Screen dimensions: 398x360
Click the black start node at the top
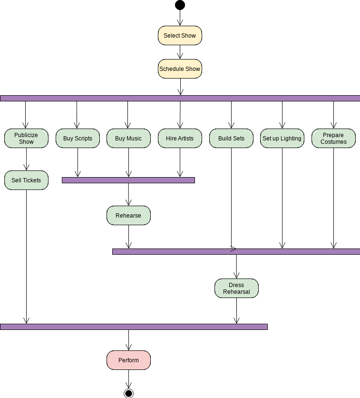tap(180, 5)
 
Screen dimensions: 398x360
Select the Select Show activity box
tap(180, 36)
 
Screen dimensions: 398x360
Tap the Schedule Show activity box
tap(180, 69)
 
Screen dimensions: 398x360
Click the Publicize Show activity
tap(26, 139)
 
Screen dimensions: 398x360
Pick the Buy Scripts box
tap(78, 139)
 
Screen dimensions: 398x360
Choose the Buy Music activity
tap(128, 139)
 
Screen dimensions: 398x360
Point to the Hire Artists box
tap(180, 139)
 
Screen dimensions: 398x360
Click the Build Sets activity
tap(231, 139)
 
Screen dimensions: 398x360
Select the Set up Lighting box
tap(282, 139)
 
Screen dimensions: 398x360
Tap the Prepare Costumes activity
tap(333, 139)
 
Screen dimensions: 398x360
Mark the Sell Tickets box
tap(26, 180)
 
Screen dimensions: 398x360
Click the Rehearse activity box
tap(128, 216)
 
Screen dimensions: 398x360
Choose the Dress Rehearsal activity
tap(236, 289)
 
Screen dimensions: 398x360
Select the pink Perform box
tap(128, 360)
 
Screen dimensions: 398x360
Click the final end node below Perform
tap(128, 393)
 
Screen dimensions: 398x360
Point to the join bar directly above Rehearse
tap(128, 180)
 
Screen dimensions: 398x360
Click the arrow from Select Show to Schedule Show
tap(180, 52)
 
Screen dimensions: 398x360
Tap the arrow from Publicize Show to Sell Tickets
tap(26, 159)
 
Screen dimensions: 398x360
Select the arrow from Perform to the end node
tap(128, 379)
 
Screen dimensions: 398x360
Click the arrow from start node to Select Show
tap(180, 18)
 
